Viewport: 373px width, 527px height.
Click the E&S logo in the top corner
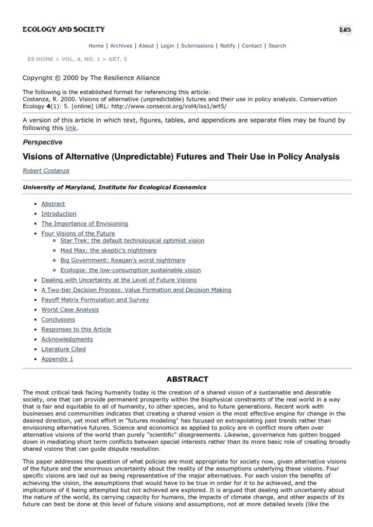coord(345,30)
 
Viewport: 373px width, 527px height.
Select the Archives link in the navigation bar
coord(121,46)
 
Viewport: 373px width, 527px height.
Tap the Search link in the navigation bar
coord(277,46)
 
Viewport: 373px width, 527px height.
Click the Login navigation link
coord(167,46)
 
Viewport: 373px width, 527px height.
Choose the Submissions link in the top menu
coord(197,46)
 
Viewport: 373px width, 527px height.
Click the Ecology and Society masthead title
coord(63,29)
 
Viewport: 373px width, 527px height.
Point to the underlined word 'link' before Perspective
coord(71,128)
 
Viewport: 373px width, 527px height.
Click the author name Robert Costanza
coord(46,170)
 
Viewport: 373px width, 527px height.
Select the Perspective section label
coord(43,142)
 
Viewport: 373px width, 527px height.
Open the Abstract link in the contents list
coord(53,204)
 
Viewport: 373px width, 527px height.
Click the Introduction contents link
coord(59,214)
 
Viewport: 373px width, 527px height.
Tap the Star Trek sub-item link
coord(132,240)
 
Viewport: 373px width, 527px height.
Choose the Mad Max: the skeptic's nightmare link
coord(108,250)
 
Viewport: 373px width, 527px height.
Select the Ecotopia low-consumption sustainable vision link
coord(130,270)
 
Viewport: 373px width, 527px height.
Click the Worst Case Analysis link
coord(70,310)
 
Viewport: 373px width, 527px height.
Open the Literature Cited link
coord(63,349)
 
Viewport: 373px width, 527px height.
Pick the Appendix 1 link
coord(57,359)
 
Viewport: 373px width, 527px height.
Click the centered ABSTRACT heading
coord(187,379)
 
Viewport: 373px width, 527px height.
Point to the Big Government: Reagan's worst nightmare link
coord(122,260)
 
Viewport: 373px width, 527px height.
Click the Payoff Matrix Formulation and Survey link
coord(95,300)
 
